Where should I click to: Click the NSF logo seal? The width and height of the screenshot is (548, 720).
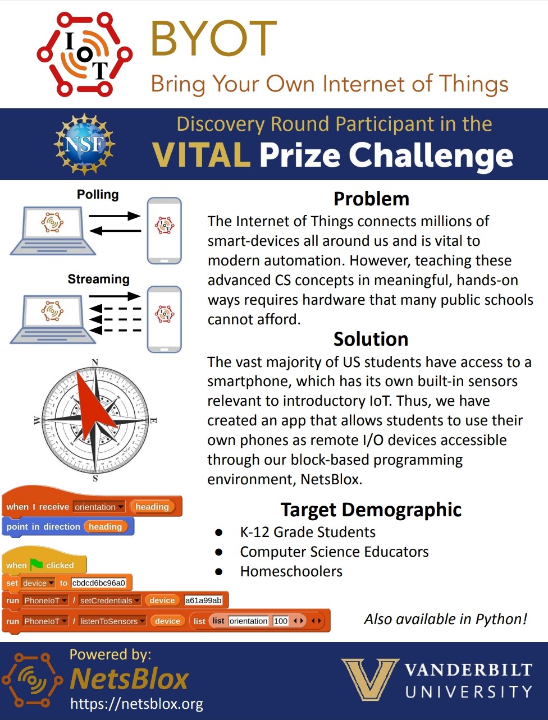tap(84, 144)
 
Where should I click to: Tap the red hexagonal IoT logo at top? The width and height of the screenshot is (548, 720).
tap(85, 54)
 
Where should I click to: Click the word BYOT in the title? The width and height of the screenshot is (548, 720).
tap(213, 39)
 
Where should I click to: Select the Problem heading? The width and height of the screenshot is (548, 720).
tap(371, 199)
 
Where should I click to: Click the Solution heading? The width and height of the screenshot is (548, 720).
tap(371, 339)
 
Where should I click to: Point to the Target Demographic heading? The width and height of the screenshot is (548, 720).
tap(371, 510)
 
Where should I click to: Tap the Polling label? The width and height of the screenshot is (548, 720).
tap(98, 195)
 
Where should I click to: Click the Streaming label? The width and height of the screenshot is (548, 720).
tap(98, 279)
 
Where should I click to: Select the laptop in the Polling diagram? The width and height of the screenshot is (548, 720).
tap(52, 230)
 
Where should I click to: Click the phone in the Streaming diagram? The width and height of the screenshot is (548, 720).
tap(165, 319)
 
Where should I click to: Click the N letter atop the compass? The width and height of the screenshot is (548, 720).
tap(95, 362)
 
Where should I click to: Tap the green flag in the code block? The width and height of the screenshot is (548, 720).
tap(36, 564)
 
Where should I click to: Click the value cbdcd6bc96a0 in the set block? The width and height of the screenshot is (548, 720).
tap(99, 583)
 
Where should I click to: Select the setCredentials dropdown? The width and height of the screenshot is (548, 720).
tap(109, 600)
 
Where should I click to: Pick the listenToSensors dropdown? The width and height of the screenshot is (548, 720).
tap(112, 621)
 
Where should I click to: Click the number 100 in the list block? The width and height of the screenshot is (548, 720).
tap(281, 621)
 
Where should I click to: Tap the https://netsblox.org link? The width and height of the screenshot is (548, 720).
tap(136, 704)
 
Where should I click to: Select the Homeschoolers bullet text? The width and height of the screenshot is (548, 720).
tap(291, 571)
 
